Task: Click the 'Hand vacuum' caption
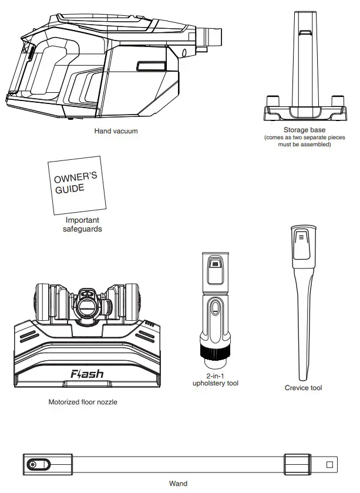(x=116, y=131)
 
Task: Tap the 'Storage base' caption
(x=304, y=130)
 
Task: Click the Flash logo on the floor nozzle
(x=87, y=373)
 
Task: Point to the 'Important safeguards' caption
(x=82, y=224)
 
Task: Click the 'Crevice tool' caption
(x=303, y=388)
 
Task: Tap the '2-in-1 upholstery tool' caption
(x=216, y=379)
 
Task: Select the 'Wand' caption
(x=178, y=484)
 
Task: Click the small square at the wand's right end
(x=329, y=464)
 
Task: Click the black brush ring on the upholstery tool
(x=216, y=352)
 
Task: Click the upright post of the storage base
(x=304, y=59)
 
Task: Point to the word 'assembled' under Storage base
(x=316, y=145)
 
